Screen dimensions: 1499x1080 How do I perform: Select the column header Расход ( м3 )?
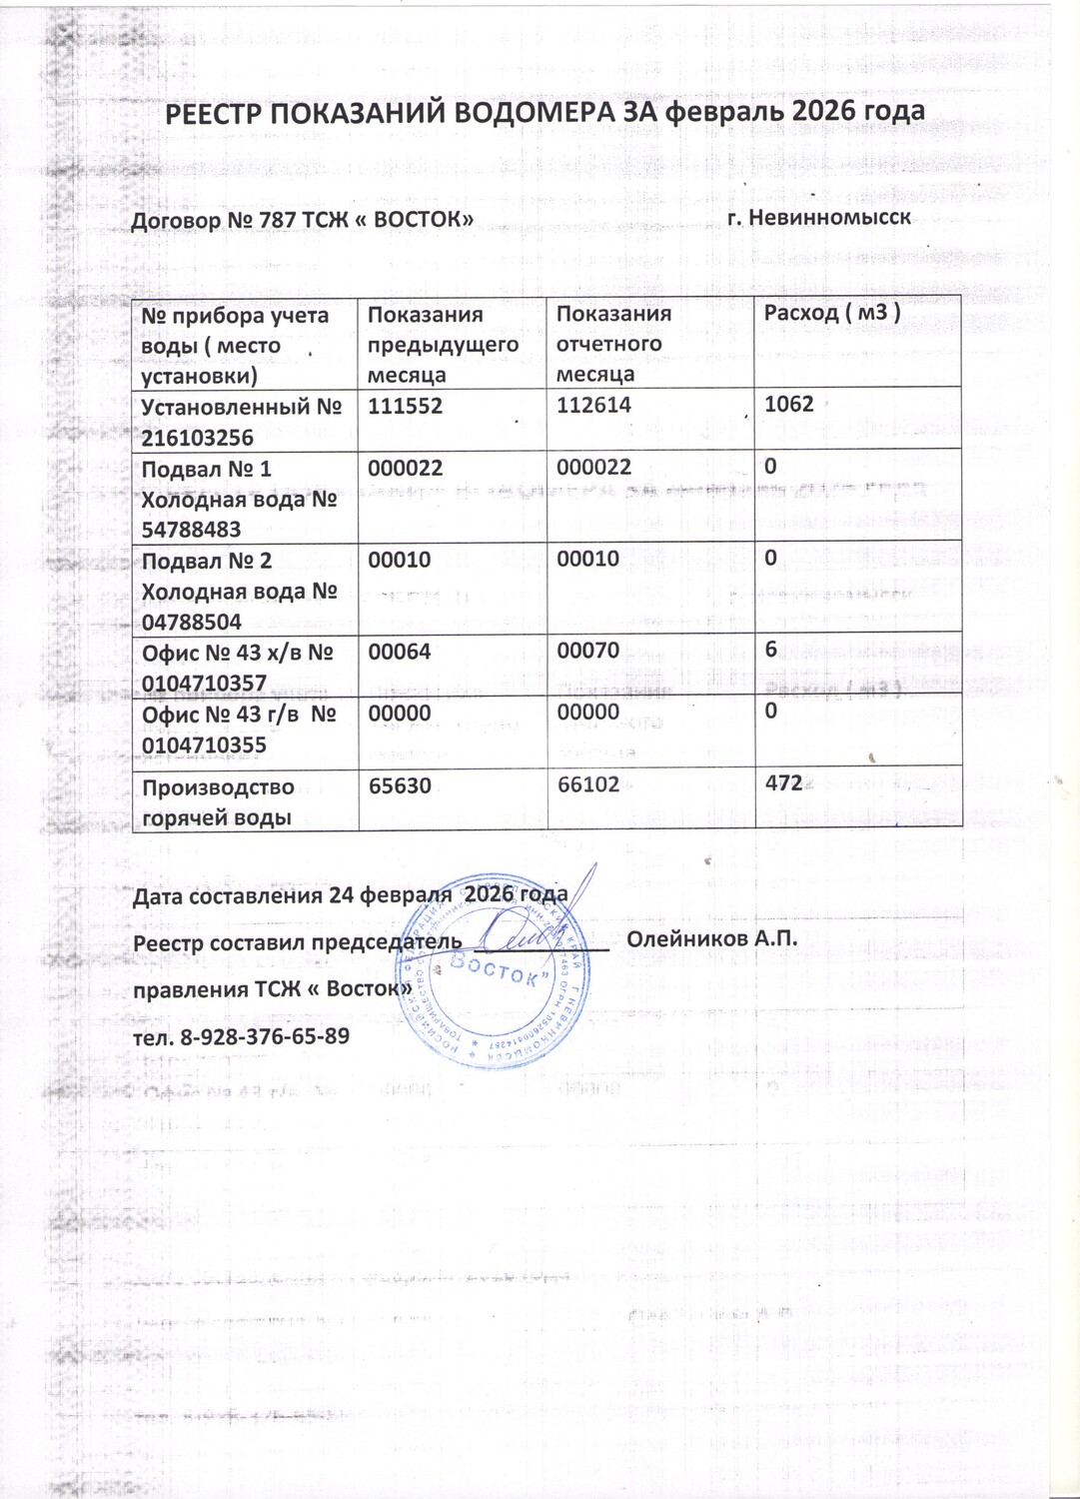[832, 312]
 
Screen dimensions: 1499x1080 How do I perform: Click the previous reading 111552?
[405, 406]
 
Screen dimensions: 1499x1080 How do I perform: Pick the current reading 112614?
[593, 405]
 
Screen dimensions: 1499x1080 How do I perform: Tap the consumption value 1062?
[789, 404]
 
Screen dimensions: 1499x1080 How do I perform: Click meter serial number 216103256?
[198, 438]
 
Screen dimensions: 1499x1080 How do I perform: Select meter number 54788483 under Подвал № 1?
[191, 530]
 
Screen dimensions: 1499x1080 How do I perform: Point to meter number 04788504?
[191, 622]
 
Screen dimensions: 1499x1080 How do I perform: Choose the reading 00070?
[587, 651]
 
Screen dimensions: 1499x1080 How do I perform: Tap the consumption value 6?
[771, 650]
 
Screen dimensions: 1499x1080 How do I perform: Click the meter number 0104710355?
[204, 745]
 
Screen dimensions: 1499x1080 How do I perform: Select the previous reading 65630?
[400, 785]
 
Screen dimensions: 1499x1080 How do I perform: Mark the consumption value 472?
[784, 782]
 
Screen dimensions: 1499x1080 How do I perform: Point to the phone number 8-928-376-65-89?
[265, 1035]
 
